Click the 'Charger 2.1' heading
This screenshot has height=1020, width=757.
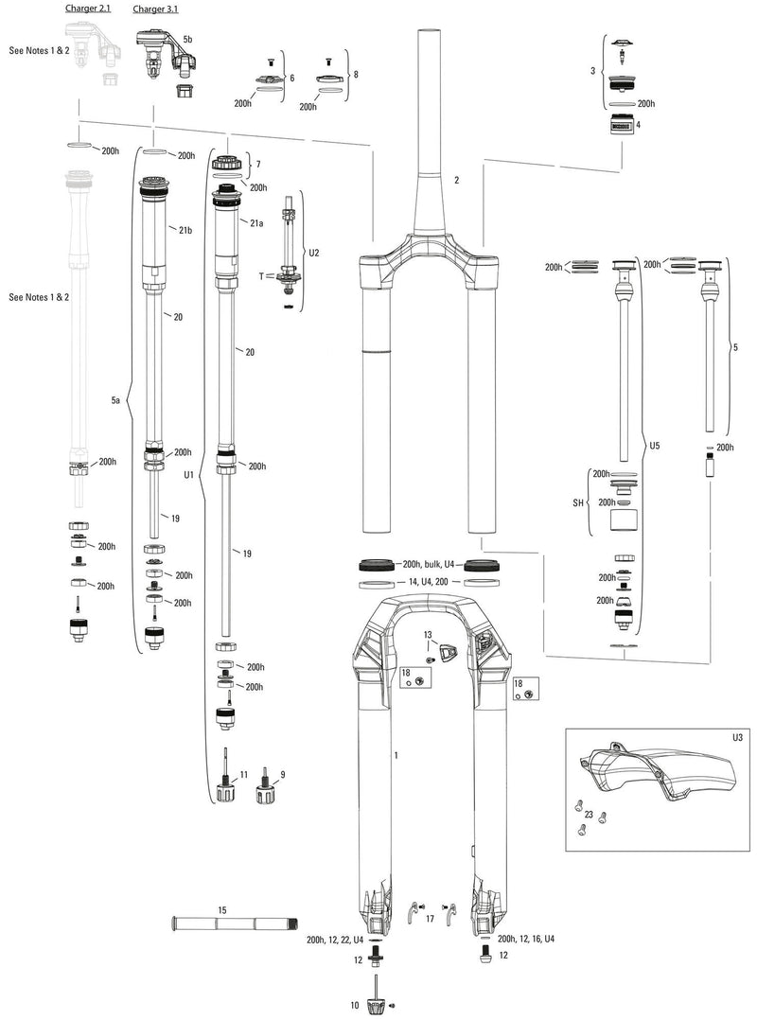tap(88, 9)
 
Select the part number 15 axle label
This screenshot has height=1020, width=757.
tap(222, 910)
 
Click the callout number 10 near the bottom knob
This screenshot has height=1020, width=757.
tap(356, 1005)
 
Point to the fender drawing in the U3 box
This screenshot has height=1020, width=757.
tap(653, 774)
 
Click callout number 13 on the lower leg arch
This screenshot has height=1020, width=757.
tap(427, 634)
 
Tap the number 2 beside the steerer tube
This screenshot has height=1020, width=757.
tap(456, 179)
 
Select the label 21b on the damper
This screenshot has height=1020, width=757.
tap(185, 231)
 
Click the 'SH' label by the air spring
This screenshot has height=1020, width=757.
tap(581, 502)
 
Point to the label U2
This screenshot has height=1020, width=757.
tap(314, 254)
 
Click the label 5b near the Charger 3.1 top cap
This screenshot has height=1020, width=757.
tap(187, 39)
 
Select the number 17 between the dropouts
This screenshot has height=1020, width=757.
tap(430, 919)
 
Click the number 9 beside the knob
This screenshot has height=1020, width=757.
tap(282, 774)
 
